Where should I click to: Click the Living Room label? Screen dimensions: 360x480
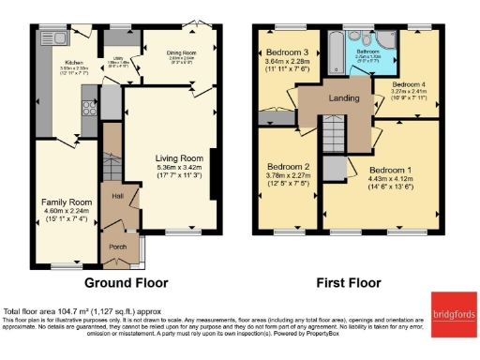click(x=179, y=158)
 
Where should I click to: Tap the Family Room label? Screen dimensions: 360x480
click(x=65, y=202)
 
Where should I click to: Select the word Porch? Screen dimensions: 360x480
click(x=118, y=247)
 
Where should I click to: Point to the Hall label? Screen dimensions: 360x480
click(x=118, y=196)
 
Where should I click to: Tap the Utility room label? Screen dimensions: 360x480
click(x=117, y=62)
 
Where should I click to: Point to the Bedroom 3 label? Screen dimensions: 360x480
click(x=288, y=52)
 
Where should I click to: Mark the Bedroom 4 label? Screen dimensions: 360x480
click(x=409, y=84)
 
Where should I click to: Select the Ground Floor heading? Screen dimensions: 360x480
click(x=126, y=281)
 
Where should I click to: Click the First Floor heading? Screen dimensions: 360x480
click(x=349, y=281)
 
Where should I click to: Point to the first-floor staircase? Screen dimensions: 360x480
click(x=335, y=133)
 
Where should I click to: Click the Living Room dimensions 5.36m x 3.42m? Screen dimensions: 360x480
click(x=179, y=168)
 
